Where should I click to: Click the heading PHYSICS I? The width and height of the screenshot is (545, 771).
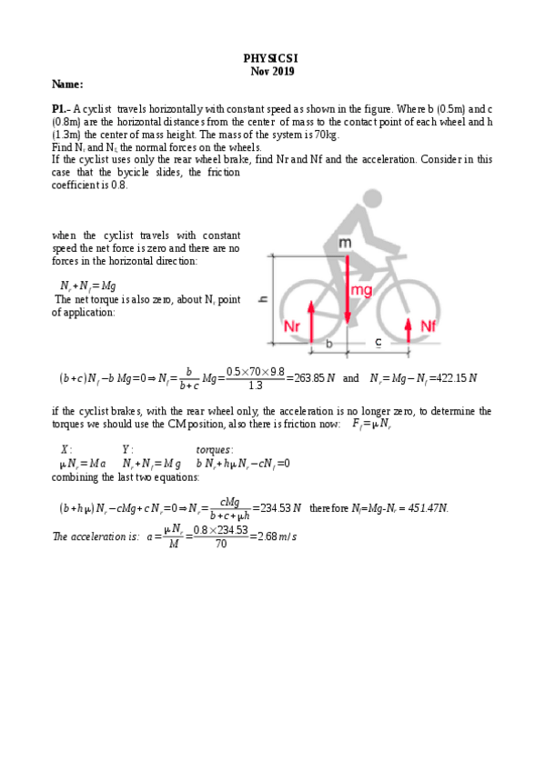pos(272,56)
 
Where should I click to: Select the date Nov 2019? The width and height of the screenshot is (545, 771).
pos(272,70)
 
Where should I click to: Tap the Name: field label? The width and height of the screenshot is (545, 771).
pos(67,85)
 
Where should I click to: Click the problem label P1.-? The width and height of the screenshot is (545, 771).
pos(61,108)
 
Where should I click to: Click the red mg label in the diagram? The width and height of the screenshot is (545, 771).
pos(361,290)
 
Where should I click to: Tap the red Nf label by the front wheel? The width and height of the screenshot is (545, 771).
pos(429,325)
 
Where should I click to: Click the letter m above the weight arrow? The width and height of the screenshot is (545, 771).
pos(345,243)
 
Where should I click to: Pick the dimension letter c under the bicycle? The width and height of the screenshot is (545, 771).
pos(378,343)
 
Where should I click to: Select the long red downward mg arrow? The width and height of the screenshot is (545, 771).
pos(347,291)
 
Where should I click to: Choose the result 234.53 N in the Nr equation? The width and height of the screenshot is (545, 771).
pos(277,507)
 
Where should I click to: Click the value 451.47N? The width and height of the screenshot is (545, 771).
pos(420,507)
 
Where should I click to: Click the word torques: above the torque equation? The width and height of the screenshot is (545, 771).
pos(215,449)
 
